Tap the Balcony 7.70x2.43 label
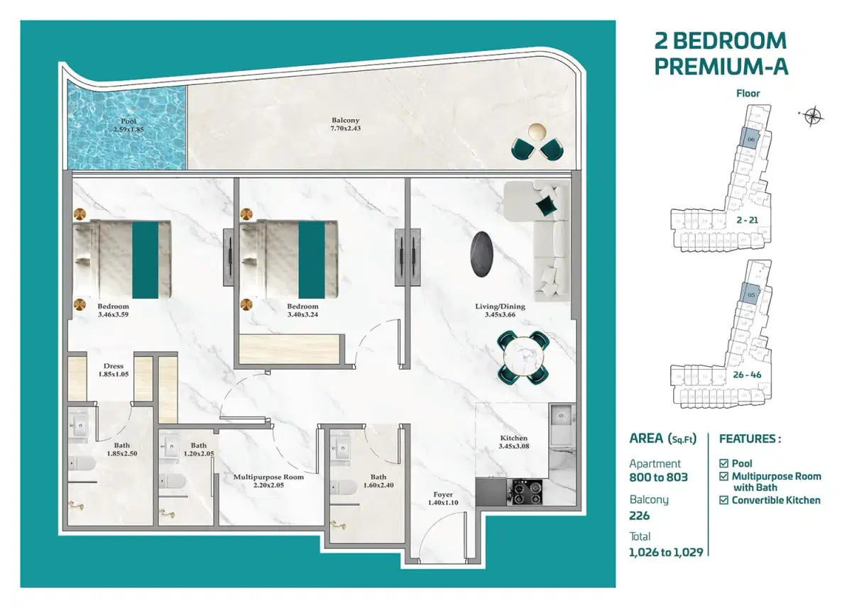tap(346, 126)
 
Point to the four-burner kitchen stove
tap(525, 492)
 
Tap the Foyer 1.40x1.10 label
tap(443, 499)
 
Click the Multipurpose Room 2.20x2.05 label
tap(268, 482)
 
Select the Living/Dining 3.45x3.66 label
tap(500, 311)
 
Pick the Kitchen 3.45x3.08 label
tap(513, 443)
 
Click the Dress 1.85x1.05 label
tap(113, 370)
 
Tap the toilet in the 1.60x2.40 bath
tap(344, 488)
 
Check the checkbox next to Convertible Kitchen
tap(724, 500)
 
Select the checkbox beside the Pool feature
tap(724, 463)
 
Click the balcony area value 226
tap(640, 516)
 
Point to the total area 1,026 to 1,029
tap(666, 552)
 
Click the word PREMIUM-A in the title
tap(721, 66)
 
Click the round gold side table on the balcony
tap(537, 132)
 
